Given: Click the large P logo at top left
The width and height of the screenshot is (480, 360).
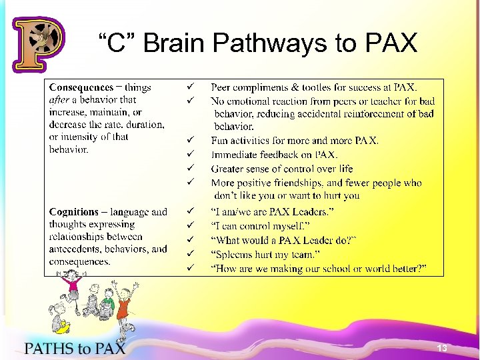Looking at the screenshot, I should coord(38,44).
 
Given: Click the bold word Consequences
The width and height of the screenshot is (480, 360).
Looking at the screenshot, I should coord(81,87).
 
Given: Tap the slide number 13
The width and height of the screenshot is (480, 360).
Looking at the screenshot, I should coord(441,349).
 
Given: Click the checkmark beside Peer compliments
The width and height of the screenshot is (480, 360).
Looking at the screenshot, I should coord(190,87).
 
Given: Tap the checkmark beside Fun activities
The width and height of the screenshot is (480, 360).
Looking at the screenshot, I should coord(190,141).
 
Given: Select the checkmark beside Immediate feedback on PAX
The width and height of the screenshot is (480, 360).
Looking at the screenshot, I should coord(190,155).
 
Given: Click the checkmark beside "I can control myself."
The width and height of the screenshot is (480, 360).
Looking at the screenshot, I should coord(190,226).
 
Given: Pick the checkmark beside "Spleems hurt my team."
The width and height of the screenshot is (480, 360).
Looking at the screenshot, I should coord(190,254).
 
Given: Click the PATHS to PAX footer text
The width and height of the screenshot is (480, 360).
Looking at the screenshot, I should coord(75,347).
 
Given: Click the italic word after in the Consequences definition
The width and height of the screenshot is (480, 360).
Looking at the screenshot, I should coord(59,100).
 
